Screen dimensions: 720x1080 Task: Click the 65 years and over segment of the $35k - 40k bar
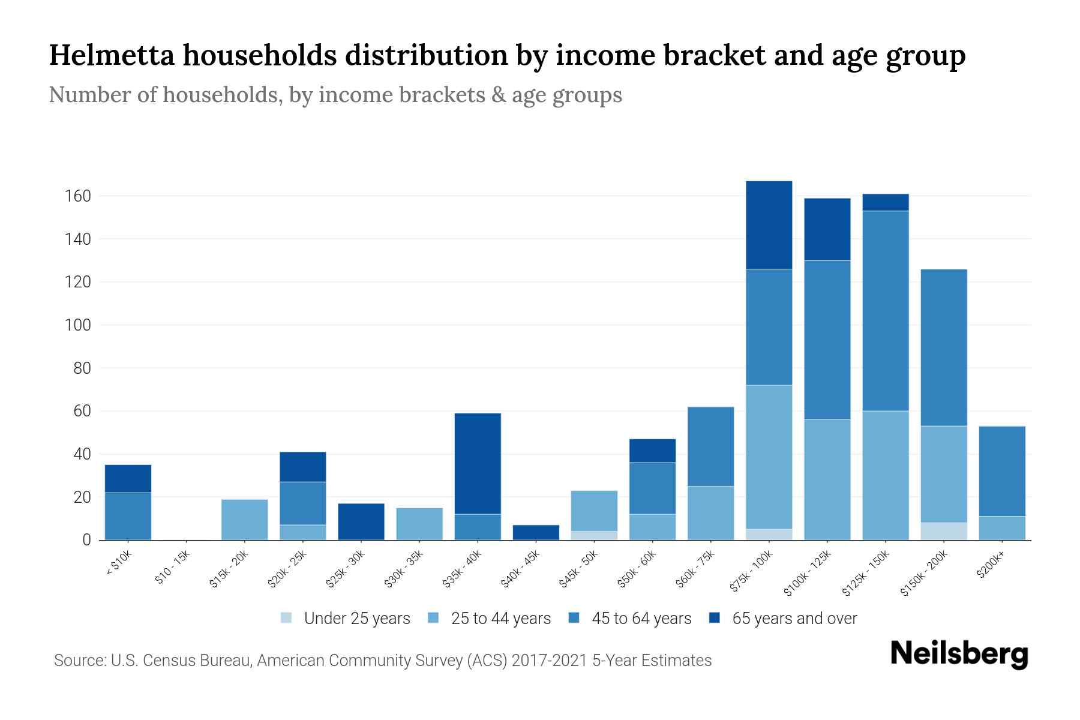[478, 463]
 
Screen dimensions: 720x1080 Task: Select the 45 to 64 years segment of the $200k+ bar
[1002, 471]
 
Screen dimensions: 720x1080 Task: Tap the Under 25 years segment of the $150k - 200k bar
[944, 531]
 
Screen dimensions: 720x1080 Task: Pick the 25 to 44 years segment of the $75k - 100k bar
[769, 457]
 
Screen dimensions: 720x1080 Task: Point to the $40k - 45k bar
[536, 532]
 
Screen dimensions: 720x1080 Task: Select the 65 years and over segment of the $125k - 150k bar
[886, 202]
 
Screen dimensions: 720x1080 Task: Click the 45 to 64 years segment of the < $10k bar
[128, 516]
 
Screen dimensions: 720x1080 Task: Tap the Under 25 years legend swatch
[287, 618]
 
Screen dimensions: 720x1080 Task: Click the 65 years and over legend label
[794, 619]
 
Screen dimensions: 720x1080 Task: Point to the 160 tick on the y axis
[77, 196]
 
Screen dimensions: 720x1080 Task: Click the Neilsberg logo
[959, 654]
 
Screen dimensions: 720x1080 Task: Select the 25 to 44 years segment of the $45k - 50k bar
[594, 511]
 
